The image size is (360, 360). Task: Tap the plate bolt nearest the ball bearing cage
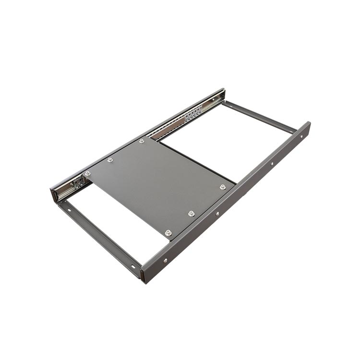[x=142, y=141]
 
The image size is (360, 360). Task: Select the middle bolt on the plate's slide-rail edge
[x=110, y=159]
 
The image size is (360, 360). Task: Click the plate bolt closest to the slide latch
[x=87, y=173]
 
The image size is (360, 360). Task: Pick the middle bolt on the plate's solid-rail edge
[x=192, y=213]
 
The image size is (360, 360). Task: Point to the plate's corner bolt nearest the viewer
[x=168, y=233]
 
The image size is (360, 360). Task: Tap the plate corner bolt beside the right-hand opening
[x=223, y=187]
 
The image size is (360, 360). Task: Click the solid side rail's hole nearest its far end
[x=301, y=136]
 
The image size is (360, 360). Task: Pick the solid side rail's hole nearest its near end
[x=165, y=261]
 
